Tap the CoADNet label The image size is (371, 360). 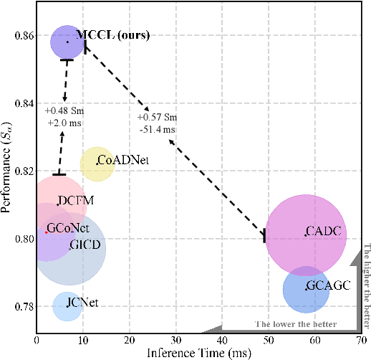click(123, 160)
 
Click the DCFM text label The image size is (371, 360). click(76, 200)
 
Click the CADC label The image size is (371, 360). click(322, 232)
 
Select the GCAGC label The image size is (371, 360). click(328, 285)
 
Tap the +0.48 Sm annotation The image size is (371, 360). click(64, 111)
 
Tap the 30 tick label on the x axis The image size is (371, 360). click(175, 340)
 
